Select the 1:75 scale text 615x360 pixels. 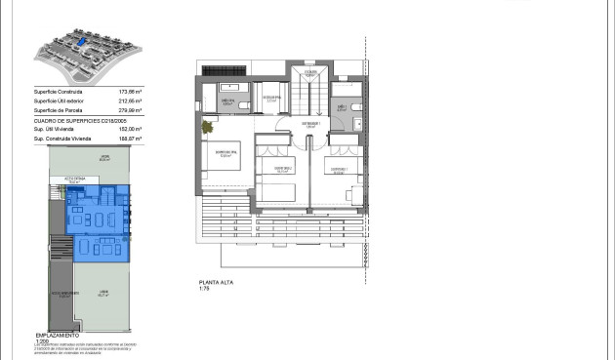point(204,290)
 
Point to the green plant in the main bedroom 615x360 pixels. point(208,126)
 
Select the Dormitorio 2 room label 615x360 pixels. point(283,167)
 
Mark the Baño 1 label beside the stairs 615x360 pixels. point(342,108)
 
